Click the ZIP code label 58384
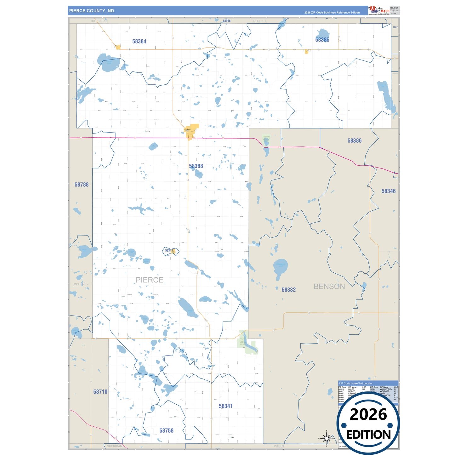point(139,41)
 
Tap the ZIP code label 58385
point(322,40)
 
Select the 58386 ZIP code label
point(354,141)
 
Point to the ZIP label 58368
point(196,166)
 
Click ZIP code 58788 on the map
point(81,185)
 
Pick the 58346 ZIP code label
point(388,191)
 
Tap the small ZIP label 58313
point(169,251)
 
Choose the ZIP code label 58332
point(288,290)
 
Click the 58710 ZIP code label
point(100,392)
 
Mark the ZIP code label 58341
point(225,406)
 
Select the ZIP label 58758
point(166,430)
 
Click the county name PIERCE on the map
point(149,280)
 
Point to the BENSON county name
point(329,287)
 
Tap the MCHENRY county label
point(81,284)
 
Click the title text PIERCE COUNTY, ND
point(92,11)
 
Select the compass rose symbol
point(327,438)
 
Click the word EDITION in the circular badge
point(368,435)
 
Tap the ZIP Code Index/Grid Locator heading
point(355,384)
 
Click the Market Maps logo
point(379,10)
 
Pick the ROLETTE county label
point(260,21)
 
